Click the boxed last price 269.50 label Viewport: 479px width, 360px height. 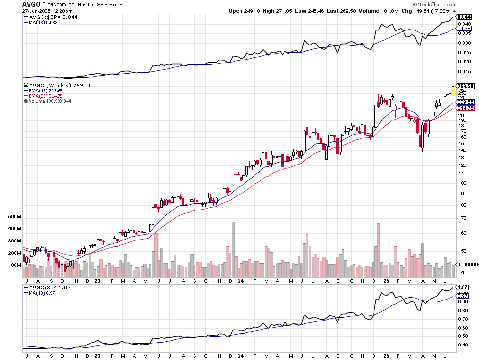464,86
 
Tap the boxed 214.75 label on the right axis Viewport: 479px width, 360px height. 464,108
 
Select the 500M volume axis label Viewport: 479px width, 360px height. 15,217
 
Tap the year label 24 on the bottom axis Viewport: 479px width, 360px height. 240,280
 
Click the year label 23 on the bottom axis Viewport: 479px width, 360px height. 97,280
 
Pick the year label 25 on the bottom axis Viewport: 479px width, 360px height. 385,280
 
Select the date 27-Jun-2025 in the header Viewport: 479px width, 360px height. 37,10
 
